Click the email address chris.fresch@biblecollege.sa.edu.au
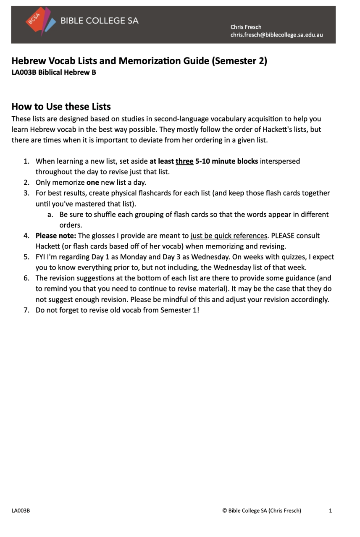click(276, 35)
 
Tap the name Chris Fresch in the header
click(246, 27)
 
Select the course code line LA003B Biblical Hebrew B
click(54, 72)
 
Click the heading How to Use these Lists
click(61, 106)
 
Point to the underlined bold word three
click(184, 161)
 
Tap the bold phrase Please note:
click(55, 236)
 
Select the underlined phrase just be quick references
click(229, 236)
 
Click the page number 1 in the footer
click(331, 511)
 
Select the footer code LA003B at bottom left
click(21, 511)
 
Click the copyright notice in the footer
click(261, 511)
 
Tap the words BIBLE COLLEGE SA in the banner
click(100, 21)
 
